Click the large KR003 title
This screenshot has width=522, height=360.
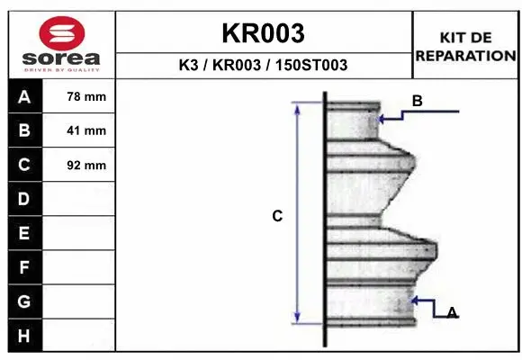tap(263, 33)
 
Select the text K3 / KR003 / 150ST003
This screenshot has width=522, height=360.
tap(263, 66)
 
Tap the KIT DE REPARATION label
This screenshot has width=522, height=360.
tap(464, 46)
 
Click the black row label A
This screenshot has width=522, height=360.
tap(24, 96)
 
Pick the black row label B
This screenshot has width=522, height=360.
tap(24, 130)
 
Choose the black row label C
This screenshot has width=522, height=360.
tap(24, 165)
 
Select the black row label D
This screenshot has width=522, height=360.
tap(24, 199)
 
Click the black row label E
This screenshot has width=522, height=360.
tap(24, 233)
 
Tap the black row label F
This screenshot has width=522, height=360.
tap(24, 267)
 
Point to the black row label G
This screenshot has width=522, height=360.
tap(24, 301)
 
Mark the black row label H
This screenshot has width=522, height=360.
tap(24, 336)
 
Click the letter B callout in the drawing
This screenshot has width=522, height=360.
tap(417, 102)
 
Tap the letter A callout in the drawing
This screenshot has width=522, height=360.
tap(452, 312)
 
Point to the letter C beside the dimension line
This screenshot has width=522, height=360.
tap(277, 216)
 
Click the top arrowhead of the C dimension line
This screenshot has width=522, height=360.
tap(297, 106)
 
